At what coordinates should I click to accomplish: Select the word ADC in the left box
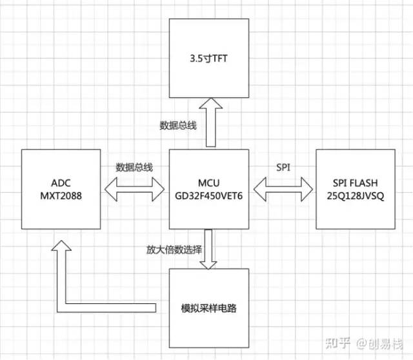pyautogui.click(x=60, y=181)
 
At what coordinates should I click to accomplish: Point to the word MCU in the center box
pyautogui.click(x=209, y=181)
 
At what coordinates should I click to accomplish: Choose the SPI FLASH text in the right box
pyautogui.click(x=356, y=181)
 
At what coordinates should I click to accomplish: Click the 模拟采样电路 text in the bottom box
pyautogui.click(x=209, y=308)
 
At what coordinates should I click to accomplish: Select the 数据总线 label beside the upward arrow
pyautogui.click(x=177, y=125)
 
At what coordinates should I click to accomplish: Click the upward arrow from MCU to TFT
pyautogui.click(x=209, y=123)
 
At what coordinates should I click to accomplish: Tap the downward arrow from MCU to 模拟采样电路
pyautogui.click(x=209, y=248)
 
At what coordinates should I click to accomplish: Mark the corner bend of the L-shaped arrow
pyautogui.click(x=61, y=305)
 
